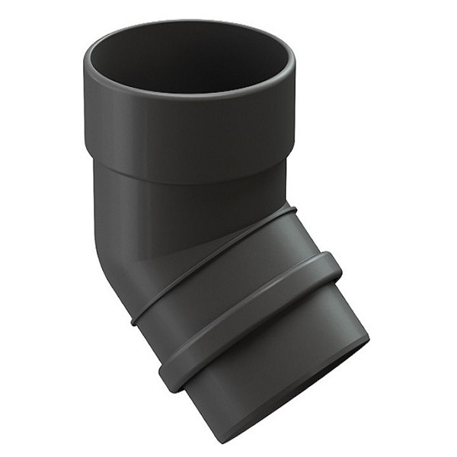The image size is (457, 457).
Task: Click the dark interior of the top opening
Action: coord(189,57)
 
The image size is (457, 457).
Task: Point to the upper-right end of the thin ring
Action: coord(293,208)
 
